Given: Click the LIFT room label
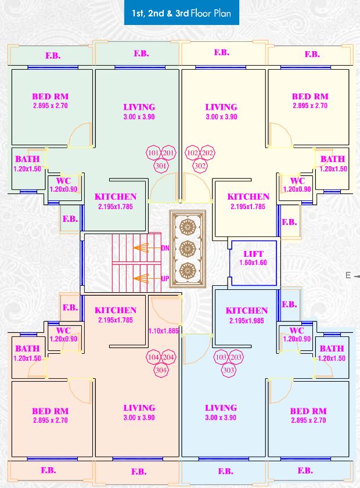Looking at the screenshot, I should point(253,254).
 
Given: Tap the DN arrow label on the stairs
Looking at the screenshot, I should point(165,248).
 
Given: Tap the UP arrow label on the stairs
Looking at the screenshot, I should point(165,279).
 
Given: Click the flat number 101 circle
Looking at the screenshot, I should point(153,153).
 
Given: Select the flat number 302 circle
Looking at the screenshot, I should point(200,165).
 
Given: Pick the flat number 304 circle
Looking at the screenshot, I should point(161,369).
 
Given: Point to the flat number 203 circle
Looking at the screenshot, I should point(236,357).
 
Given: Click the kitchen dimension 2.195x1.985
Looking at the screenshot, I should point(247,320).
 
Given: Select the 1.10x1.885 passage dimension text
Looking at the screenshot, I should point(163,331).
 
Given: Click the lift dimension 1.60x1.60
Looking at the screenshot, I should point(253,263).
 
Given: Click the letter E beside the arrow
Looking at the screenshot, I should point(348,276).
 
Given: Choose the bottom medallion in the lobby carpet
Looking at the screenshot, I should point(187,270).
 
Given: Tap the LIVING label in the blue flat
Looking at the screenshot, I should point(221,408).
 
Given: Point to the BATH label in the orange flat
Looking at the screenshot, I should point(27,349).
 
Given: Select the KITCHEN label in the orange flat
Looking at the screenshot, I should point(116,310).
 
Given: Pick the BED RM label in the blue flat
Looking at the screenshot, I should point(308,411).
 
